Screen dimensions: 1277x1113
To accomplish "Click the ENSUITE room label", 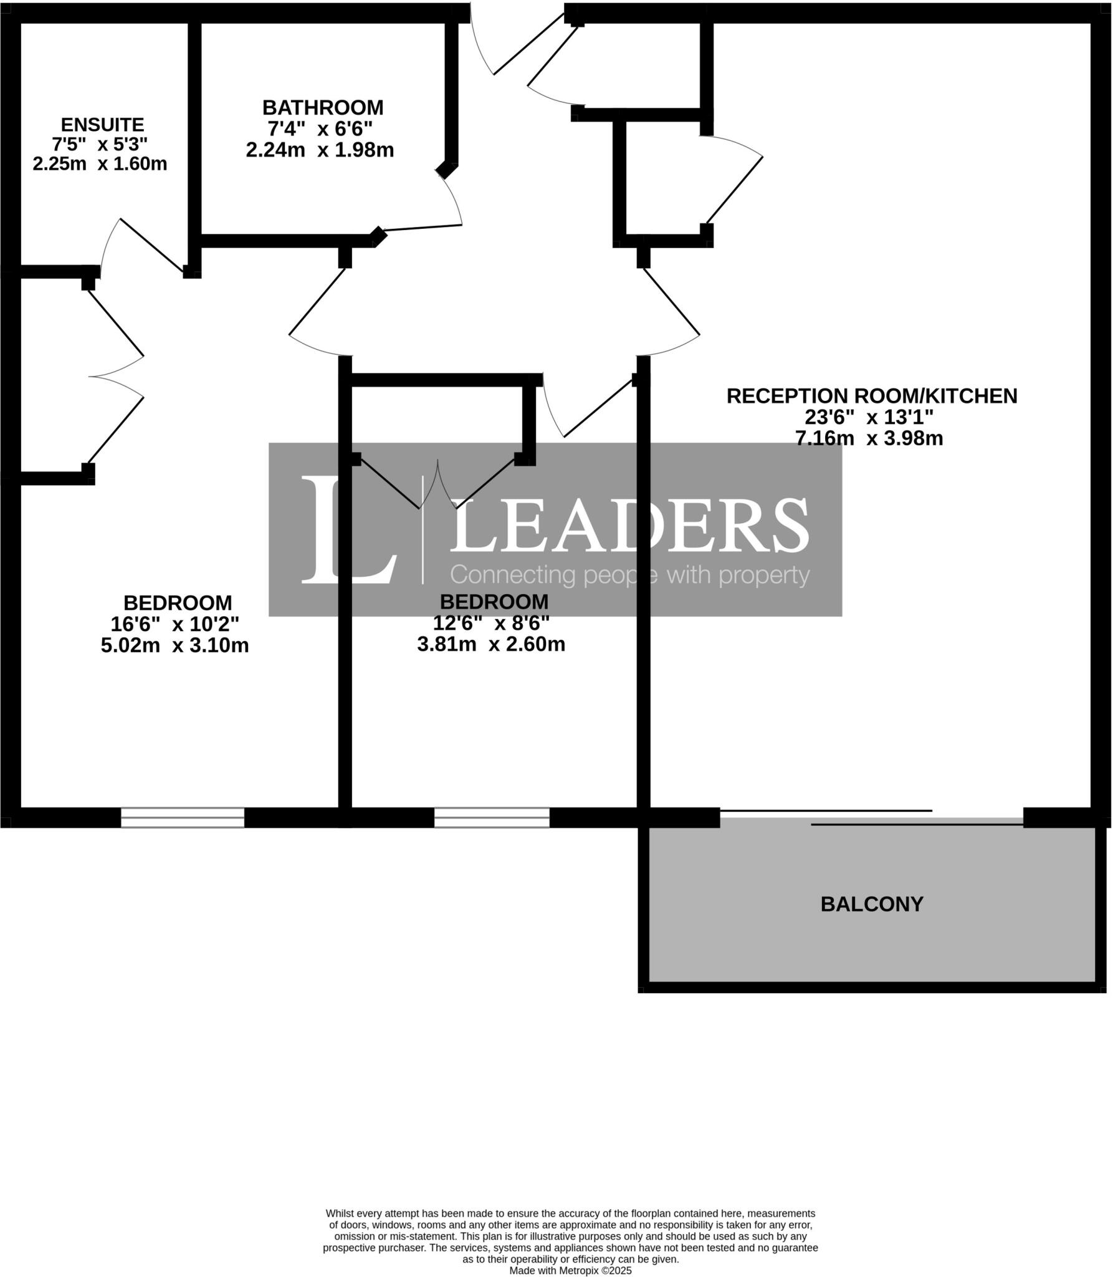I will click(102, 124).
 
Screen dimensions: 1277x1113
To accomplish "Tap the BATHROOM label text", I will click(323, 108).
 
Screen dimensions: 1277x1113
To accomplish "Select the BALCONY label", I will click(871, 904).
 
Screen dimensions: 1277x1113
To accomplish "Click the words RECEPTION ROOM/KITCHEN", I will click(871, 396).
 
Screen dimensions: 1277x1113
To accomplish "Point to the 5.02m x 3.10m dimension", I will click(174, 645).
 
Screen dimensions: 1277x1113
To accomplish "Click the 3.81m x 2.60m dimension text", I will click(491, 644).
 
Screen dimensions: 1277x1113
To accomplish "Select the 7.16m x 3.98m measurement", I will click(869, 438).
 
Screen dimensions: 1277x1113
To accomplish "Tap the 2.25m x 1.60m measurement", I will click(100, 164).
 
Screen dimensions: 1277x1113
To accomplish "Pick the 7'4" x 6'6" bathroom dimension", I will click(320, 129).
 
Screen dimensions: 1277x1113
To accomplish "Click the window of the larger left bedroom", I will click(182, 817).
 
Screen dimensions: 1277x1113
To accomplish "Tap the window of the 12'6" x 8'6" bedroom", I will click(492, 817).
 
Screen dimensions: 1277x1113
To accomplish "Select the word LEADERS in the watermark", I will click(629, 525).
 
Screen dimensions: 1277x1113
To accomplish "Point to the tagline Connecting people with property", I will click(629, 575).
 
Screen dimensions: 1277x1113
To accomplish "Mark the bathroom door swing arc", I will click(454, 196).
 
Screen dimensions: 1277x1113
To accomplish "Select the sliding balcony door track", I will click(872, 817).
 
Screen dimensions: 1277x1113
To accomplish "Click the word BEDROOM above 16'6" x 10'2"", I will click(178, 603).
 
